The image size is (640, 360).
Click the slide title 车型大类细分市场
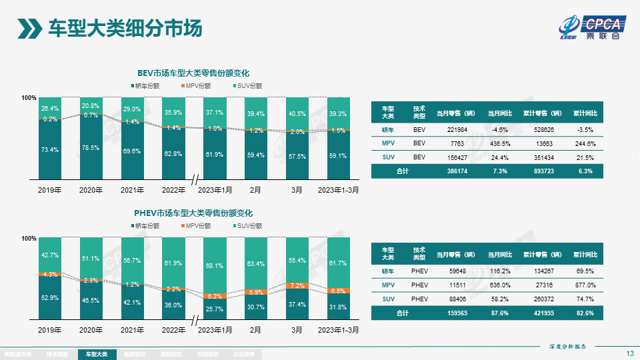tap(125, 29)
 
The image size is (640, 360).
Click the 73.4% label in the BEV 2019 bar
tap(49, 150)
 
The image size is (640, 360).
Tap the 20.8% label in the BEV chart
tap(91, 106)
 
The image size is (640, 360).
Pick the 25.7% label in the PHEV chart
tap(214, 309)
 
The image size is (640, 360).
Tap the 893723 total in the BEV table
tap(546, 171)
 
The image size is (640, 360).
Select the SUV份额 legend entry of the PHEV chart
tap(247, 226)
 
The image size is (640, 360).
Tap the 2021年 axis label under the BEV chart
tap(132, 190)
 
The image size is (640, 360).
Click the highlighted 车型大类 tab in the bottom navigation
tap(96, 355)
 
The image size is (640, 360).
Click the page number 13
tap(630, 353)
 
